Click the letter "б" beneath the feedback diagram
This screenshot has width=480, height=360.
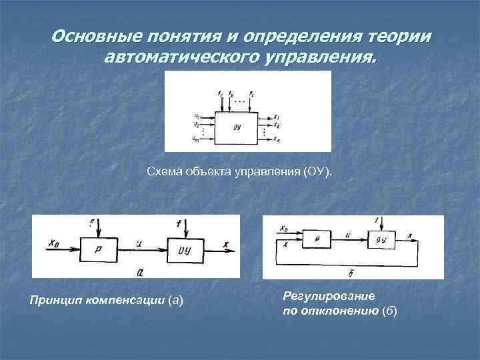351,273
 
